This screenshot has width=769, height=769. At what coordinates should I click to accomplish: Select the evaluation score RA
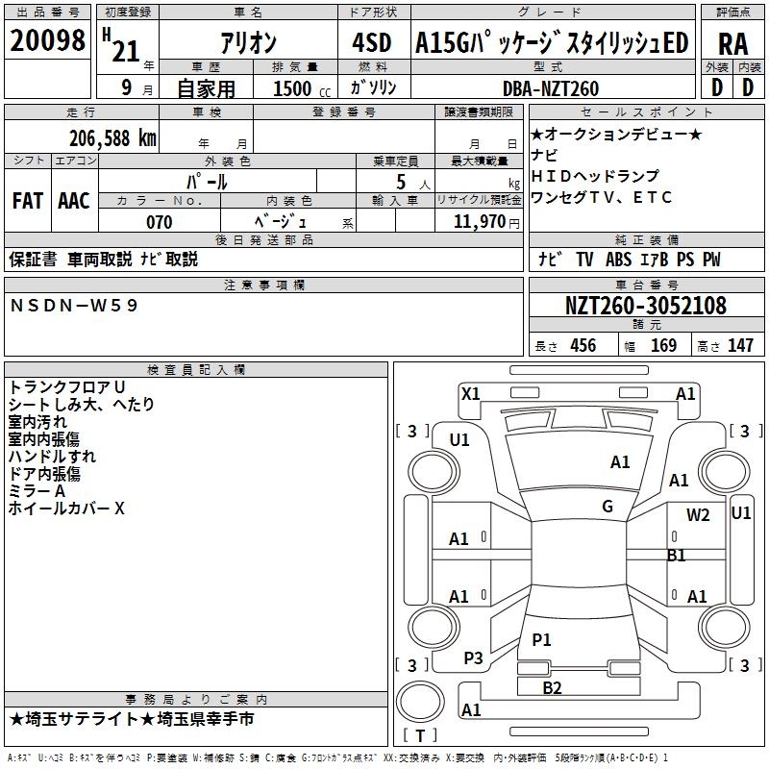[x=732, y=43]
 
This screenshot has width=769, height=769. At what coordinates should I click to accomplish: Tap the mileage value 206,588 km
[x=112, y=137]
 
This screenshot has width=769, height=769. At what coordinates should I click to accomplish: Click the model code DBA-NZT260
[x=550, y=88]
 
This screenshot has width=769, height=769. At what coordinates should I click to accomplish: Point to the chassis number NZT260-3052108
[x=645, y=306]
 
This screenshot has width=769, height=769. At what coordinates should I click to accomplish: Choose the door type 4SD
[x=371, y=43]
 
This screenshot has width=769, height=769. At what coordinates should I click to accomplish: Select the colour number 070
[x=159, y=222]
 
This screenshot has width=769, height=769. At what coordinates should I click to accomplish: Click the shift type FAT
[x=27, y=201]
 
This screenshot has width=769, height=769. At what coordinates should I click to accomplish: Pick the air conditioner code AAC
[x=74, y=201]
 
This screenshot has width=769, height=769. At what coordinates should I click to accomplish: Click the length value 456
[x=583, y=346]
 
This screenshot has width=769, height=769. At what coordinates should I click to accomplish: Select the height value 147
[x=740, y=346]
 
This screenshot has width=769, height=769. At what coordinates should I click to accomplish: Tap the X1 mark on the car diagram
[x=470, y=393]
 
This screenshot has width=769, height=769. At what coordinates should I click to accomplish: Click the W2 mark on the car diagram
[x=698, y=515]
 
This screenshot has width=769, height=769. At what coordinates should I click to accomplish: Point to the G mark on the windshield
[x=608, y=507]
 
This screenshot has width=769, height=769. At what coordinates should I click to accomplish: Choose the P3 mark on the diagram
[x=473, y=657]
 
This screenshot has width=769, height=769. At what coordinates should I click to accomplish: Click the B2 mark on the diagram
[x=552, y=687]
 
